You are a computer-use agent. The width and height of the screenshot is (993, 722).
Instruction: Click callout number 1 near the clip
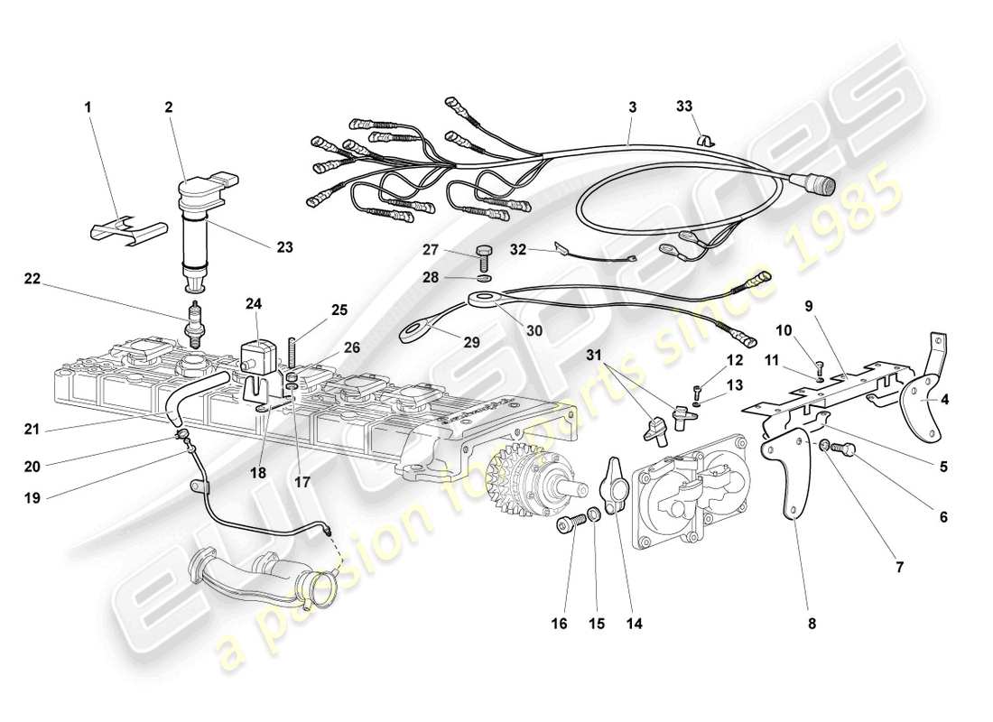coord(88,106)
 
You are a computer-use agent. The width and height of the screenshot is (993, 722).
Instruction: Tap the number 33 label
coord(684,106)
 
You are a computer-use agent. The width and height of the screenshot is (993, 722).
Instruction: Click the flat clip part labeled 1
coord(128,231)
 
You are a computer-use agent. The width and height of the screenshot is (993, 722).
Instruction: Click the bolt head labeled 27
coord(484,248)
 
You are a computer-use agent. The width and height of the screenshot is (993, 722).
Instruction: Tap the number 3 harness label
coord(633,106)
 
